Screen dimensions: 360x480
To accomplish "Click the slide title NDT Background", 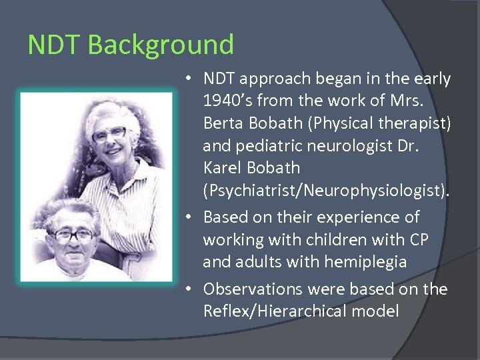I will click(x=131, y=45).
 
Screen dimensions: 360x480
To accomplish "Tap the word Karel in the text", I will click(x=225, y=168).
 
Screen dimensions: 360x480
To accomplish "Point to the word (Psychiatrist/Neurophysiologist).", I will click(x=327, y=191).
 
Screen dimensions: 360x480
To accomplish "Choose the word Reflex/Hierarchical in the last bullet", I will click(x=273, y=311).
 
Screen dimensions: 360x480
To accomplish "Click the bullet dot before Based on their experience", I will click(x=190, y=217).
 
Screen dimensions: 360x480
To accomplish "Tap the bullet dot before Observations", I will click(x=190, y=289).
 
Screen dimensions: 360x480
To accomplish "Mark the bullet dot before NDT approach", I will click(x=190, y=79).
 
